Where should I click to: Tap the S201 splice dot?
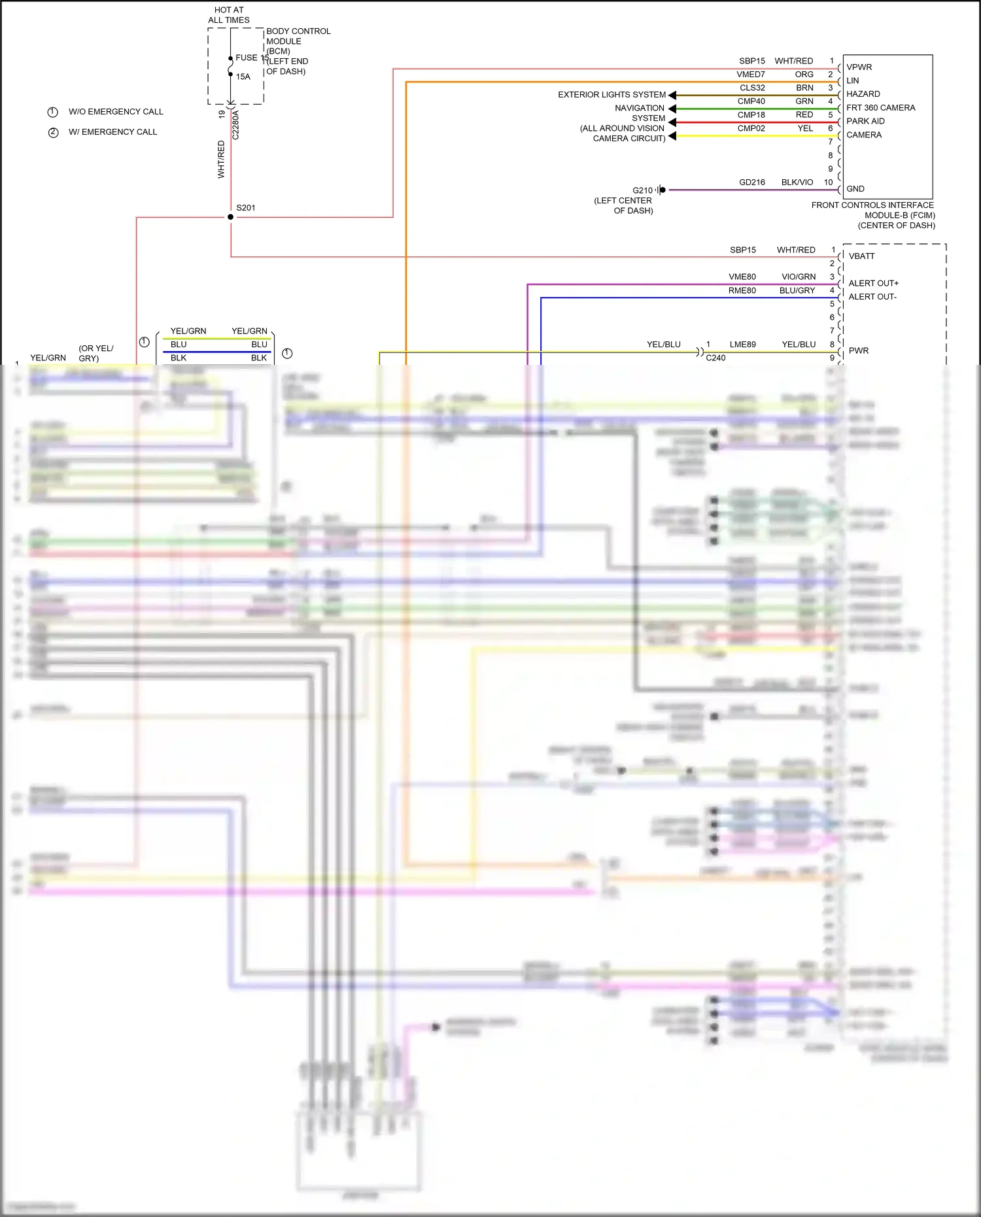[230, 216]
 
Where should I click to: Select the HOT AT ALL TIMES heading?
[229, 15]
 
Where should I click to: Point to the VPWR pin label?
[859, 67]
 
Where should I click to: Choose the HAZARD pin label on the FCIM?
[863, 94]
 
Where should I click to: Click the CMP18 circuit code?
[751, 115]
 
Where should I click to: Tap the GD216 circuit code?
[751, 182]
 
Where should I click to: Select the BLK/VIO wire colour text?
[797, 182]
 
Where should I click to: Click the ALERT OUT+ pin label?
[873, 283]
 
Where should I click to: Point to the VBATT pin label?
[861, 256]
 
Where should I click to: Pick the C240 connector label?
[715, 358]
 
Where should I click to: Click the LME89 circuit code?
[742, 345]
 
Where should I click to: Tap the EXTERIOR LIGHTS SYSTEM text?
[611, 95]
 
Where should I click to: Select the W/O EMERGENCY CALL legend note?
[116, 112]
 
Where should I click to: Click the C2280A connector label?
[235, 125]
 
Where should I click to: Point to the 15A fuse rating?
[243, 77]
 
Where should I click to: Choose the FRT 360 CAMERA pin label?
[880, 108]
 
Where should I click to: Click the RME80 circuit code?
[742, 290]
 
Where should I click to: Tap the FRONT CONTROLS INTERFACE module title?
[872, 205]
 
